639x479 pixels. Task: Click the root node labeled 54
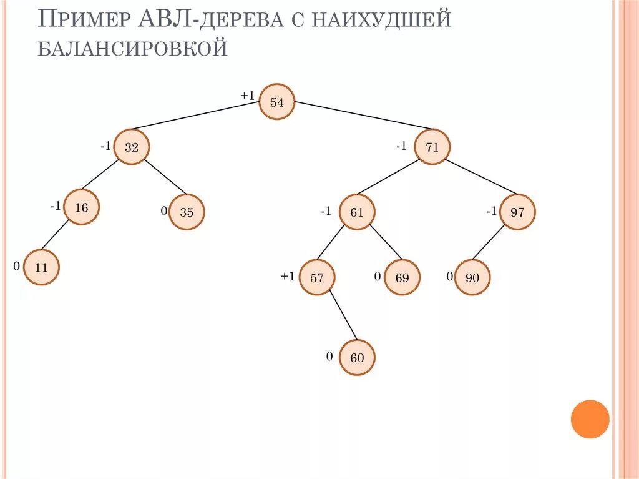coord(276,102)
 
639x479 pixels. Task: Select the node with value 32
coord(132,147)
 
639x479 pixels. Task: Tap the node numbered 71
coord(432,147)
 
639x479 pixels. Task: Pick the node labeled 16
coord(82,207)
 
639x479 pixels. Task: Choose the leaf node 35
coord(187,212)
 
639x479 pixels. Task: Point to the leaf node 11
coord(42,267)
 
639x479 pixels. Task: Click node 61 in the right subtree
coord(356,212)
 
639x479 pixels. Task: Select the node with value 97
coord(517,212)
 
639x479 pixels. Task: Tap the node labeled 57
coord(317,278)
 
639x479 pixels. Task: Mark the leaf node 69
coord(402,278)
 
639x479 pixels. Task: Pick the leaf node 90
coord(472,278)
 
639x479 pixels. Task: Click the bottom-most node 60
coord(357,358)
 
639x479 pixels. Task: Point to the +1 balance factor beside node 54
coord(248,96)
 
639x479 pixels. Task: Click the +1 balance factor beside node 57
coord(287,277)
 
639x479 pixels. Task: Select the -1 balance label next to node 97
coord(492,212)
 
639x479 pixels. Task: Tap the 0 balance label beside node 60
coord(329,357)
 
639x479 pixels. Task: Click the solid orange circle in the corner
coord(590,419)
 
